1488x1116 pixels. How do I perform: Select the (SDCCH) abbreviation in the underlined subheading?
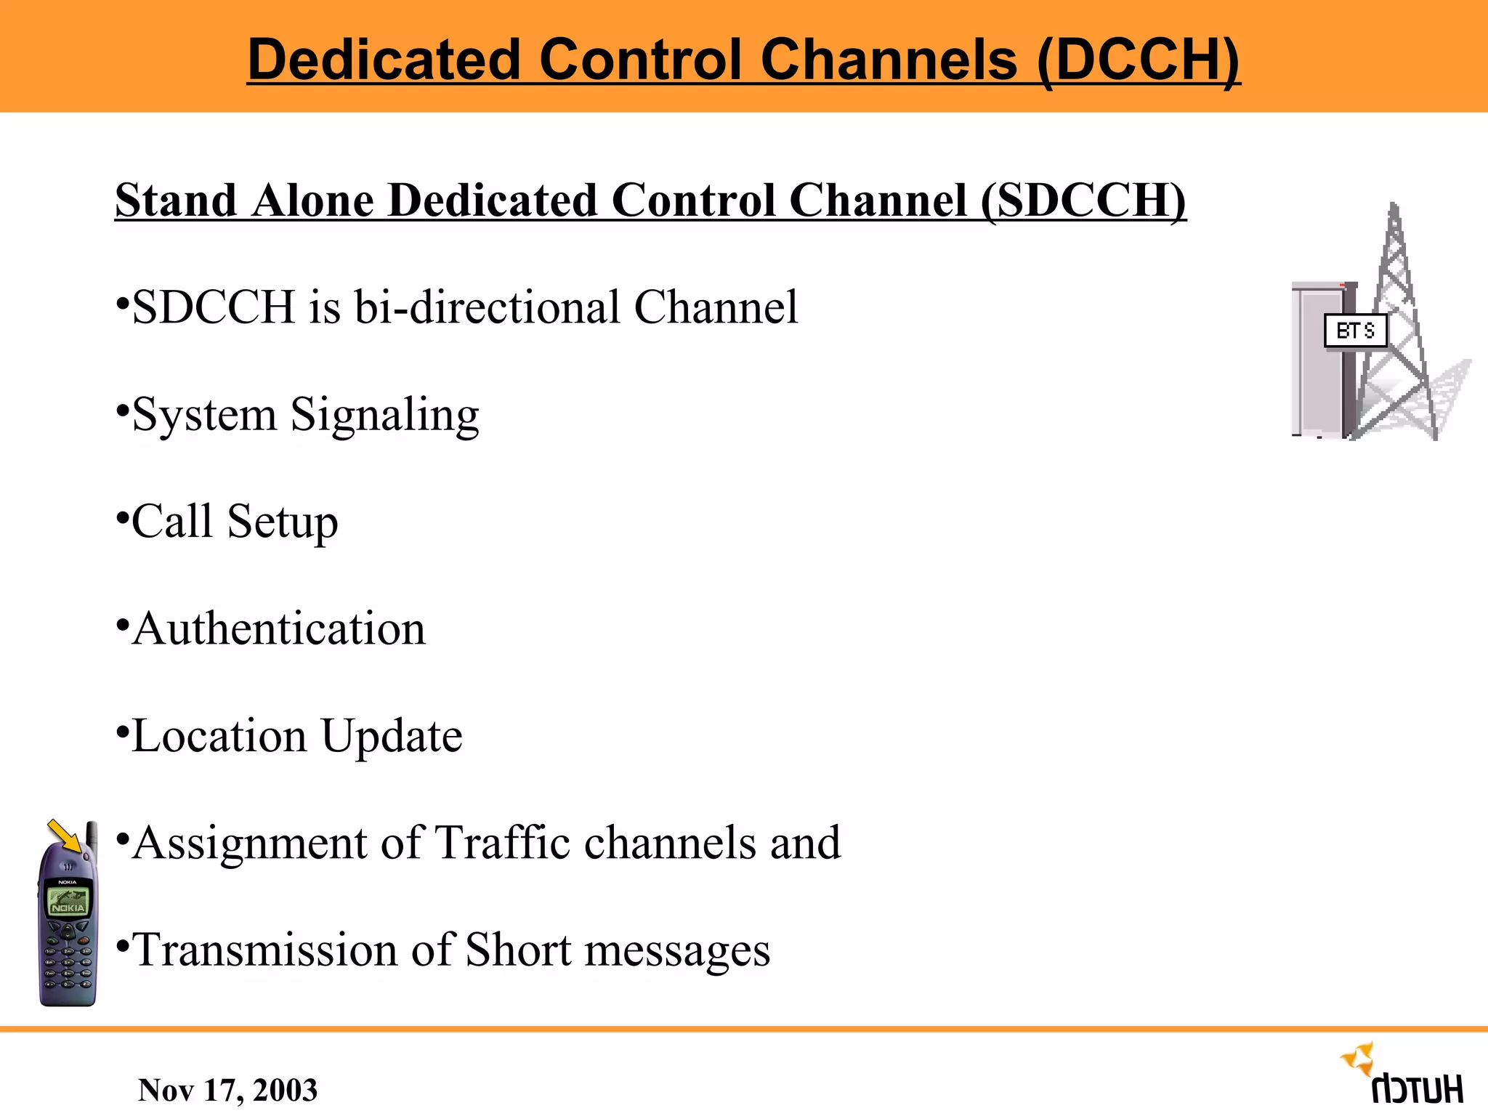(x=1083, y=200)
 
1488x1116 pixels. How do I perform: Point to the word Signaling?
(x=385, y=416)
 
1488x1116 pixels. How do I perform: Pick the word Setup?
(x=282, y=522)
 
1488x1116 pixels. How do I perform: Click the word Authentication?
(x=279, y=628)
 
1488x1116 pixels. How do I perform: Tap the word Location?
(x=219, y=736)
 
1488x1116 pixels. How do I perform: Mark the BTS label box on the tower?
(x=1356, y=331)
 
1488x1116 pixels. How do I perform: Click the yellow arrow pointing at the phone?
(x=65, y=836)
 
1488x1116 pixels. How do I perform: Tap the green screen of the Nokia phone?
(x=68, y=902)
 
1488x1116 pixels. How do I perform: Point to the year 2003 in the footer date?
(x=285, y=1090)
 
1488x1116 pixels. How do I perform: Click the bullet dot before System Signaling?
(x=122, y=408)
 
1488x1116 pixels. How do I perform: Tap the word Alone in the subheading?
(x=312, y=200)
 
